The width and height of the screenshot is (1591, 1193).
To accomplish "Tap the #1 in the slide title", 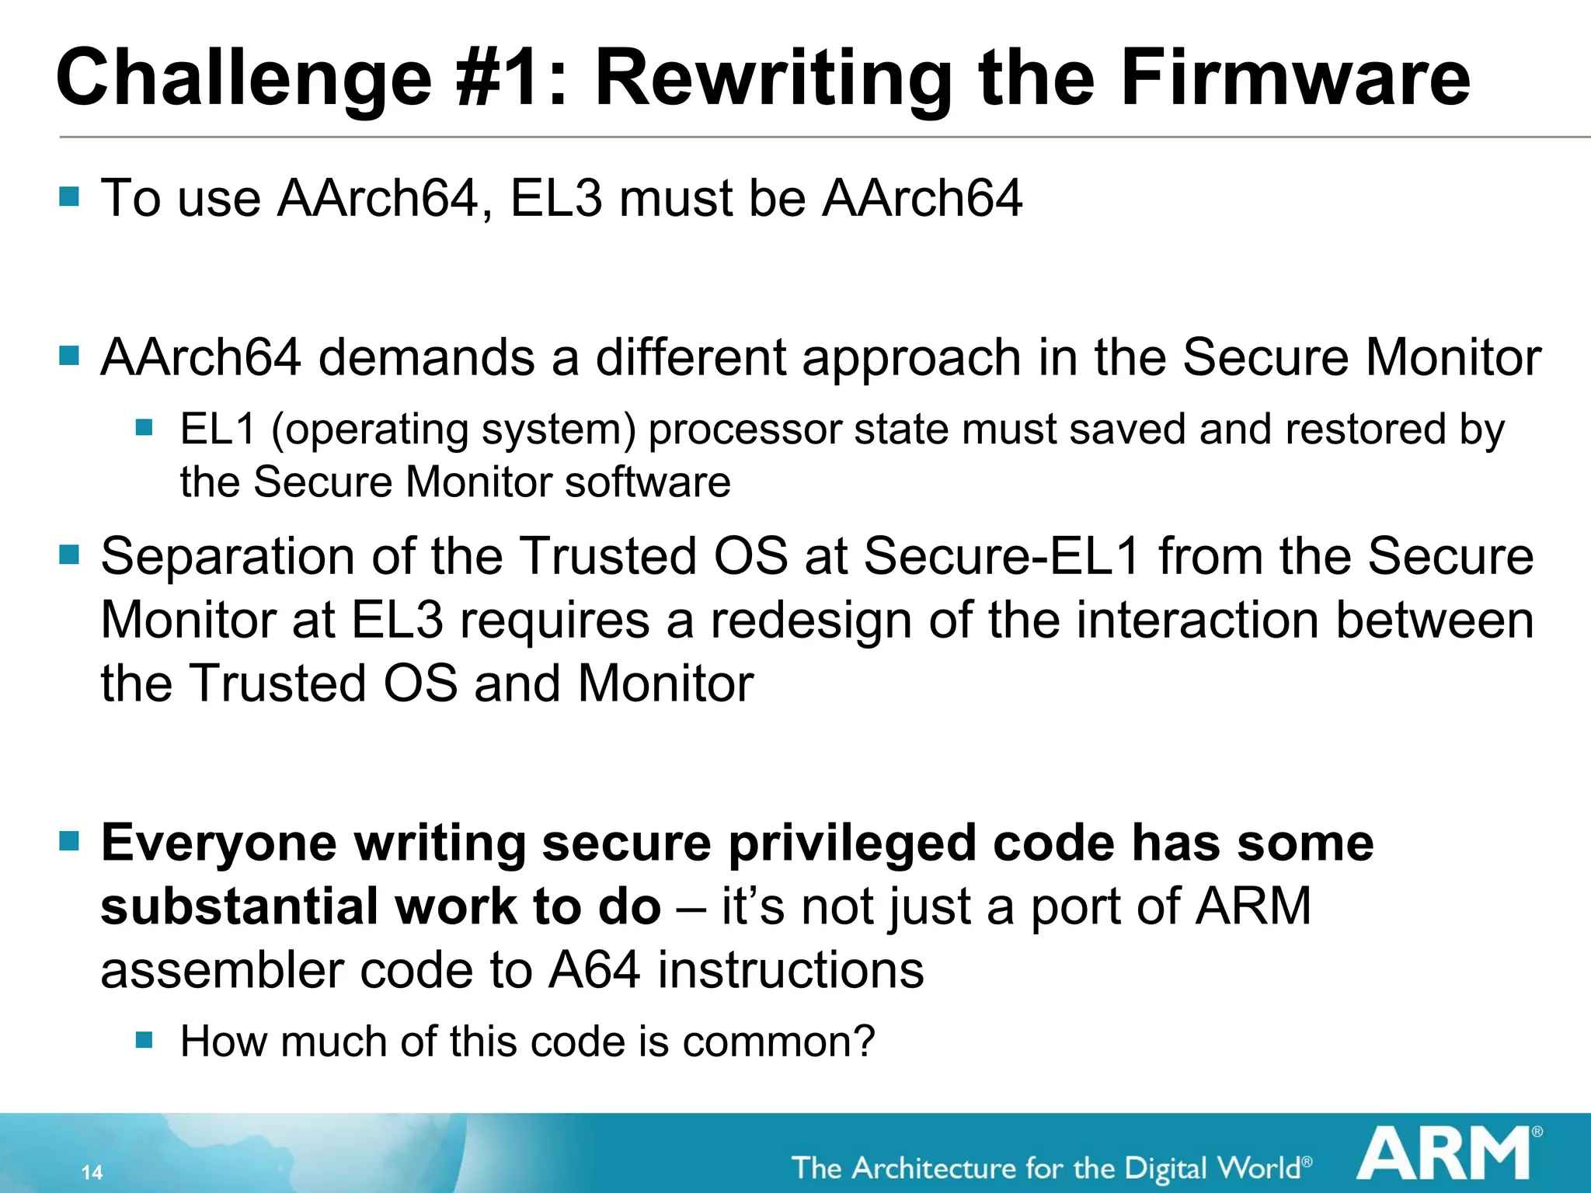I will click(x=510, y=78).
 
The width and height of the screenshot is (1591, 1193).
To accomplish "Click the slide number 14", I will click(x=92, y=1172).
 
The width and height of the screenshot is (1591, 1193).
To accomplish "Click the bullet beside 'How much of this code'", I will click(x=144, y=1039).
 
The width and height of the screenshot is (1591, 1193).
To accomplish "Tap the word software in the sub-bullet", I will click(x=648, y=482).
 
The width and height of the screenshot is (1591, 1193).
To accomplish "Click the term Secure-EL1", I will click(x=1001, y=557).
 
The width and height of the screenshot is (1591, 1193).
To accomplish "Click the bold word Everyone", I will click(x=219, y=844).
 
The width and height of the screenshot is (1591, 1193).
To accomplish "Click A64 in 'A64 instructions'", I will click(x=595, y=971).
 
